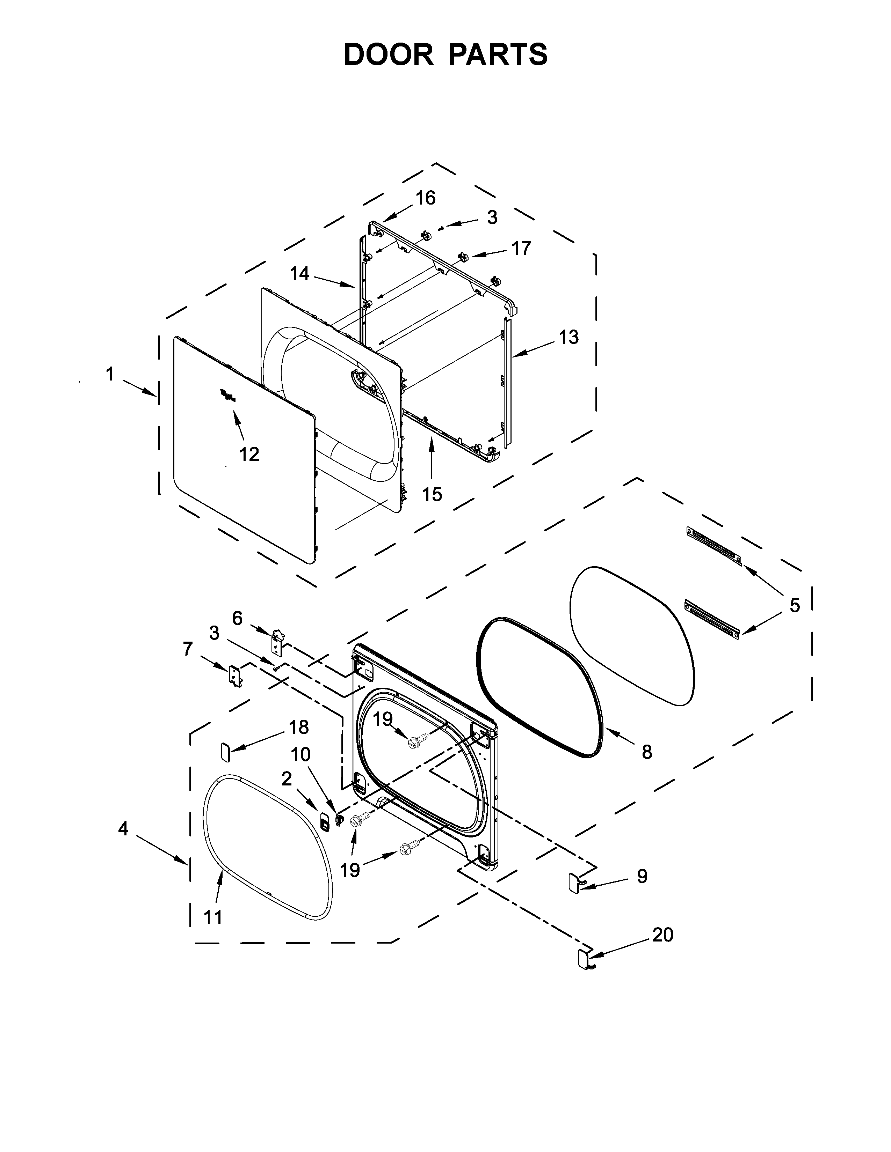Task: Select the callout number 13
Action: coord(568,337)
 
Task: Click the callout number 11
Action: coord(213,918)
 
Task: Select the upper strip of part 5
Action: coord(713,545)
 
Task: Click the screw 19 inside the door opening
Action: coord(414,741)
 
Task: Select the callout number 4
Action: coord(123,829)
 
